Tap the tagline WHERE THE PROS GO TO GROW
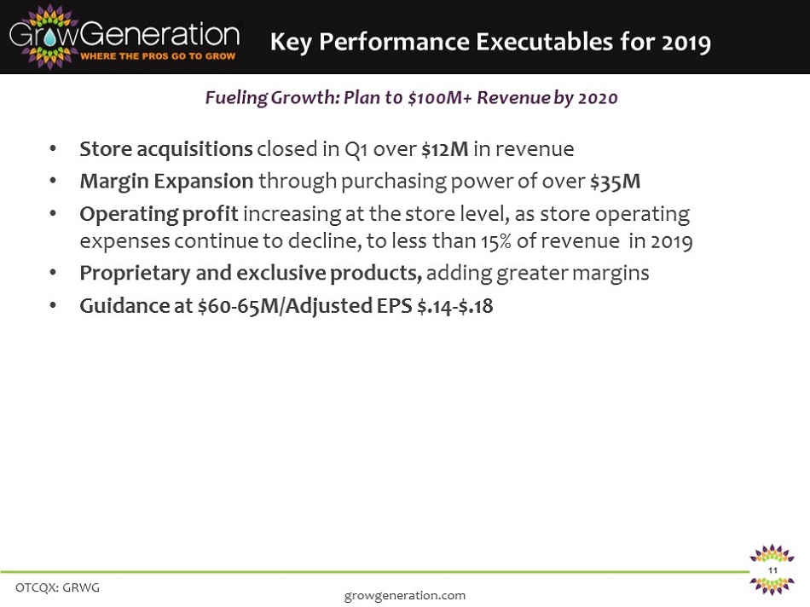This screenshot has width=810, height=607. [158, 55]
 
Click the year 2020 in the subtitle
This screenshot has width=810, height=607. [598, 98]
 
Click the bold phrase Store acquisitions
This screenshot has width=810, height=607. [165, 149]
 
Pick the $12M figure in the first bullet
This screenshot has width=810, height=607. [445, 149]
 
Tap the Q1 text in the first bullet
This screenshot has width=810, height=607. [356, 149]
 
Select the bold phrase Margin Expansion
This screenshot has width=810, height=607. [166, 182]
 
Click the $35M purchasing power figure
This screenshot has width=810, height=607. [616, 182]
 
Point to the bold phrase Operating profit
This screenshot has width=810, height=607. [159, 214]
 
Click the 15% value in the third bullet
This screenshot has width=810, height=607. [496, 241]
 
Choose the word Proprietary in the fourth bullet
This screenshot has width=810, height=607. [135, 274]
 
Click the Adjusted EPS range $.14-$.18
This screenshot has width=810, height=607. [455, 306]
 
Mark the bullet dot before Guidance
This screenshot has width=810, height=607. [53, 305]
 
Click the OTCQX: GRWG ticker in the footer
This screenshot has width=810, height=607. [57, 587]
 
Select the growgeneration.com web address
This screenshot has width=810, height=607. [405, 596]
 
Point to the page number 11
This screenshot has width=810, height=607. [772, 570]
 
